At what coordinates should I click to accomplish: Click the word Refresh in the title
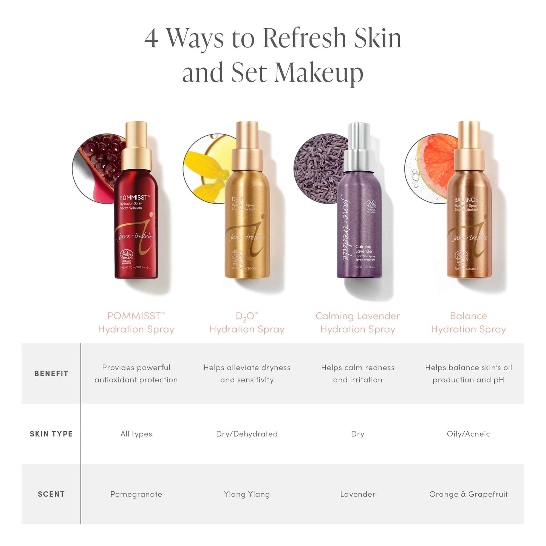point(304,38)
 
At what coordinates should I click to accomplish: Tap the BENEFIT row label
point(51,374)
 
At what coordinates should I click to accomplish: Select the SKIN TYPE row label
point(51,434)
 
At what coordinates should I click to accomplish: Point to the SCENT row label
point(51,494)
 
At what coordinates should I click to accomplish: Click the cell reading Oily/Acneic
point(468,434)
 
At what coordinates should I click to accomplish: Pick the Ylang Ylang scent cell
point(247,494)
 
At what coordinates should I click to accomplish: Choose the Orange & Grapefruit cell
point(468,494)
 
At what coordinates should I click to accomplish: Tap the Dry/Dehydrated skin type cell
point(247,434)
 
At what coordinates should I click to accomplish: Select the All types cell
point(136,434)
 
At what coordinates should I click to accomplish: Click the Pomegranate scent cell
point(136,494)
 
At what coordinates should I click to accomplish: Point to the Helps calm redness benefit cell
point(357,373)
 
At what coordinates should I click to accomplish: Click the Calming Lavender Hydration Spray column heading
point(357,322)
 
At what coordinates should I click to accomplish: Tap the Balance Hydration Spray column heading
point(468,322)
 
